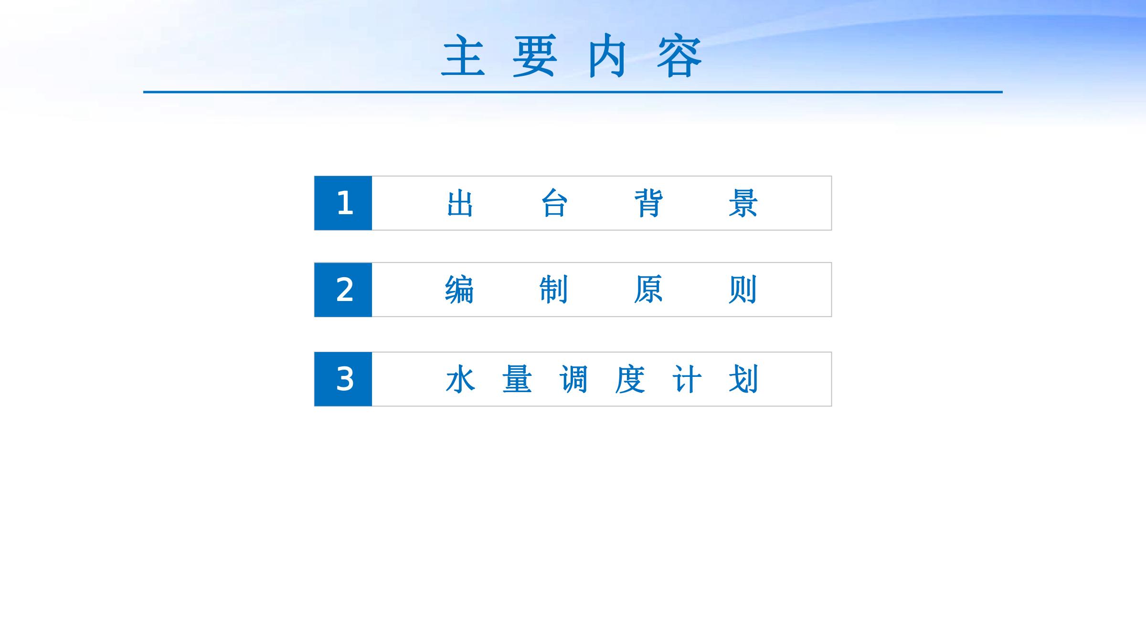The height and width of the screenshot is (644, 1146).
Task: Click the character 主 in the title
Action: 463,55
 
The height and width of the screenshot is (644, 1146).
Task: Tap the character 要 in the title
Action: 535,55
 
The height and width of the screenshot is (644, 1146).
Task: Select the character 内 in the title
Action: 607,55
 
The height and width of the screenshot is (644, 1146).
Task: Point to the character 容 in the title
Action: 679,55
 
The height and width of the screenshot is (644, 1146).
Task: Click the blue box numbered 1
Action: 343,203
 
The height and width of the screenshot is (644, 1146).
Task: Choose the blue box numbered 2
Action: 343,290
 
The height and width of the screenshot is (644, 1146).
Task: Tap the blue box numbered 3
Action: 343,379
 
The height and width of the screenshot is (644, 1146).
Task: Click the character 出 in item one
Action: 460,203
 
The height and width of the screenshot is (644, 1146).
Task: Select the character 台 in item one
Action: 554,203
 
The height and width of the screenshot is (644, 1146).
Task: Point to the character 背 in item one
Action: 648,203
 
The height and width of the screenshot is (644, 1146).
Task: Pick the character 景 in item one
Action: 743,203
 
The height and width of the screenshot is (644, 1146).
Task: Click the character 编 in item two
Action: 459,290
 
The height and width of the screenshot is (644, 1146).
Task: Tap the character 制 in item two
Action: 553,290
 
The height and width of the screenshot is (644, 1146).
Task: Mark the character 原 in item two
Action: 648,290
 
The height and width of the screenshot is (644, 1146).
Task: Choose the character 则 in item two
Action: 743,290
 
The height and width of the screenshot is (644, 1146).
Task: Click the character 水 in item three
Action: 460,379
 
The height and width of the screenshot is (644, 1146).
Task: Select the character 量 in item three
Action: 517,379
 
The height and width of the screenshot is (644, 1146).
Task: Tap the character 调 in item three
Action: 573,379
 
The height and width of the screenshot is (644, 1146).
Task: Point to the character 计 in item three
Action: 687,379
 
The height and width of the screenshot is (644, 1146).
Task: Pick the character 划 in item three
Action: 743,379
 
